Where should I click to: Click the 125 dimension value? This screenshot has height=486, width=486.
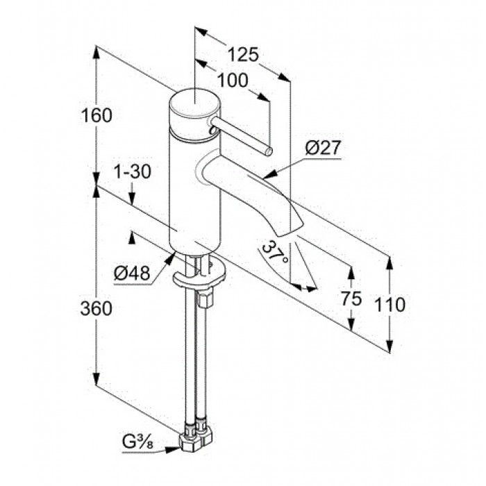point(243,55)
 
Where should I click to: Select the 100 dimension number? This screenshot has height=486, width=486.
point(233,81)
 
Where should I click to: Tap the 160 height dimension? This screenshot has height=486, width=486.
point(96,115)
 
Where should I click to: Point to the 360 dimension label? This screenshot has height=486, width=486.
point(96,309)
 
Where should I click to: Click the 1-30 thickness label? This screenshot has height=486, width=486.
point(133,171)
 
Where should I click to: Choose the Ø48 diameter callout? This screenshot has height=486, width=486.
point(132,273)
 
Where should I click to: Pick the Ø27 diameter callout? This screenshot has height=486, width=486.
point(323,147)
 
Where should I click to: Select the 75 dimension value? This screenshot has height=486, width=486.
point(351,299)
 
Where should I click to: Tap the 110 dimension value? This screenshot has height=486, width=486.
point(390,304)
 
